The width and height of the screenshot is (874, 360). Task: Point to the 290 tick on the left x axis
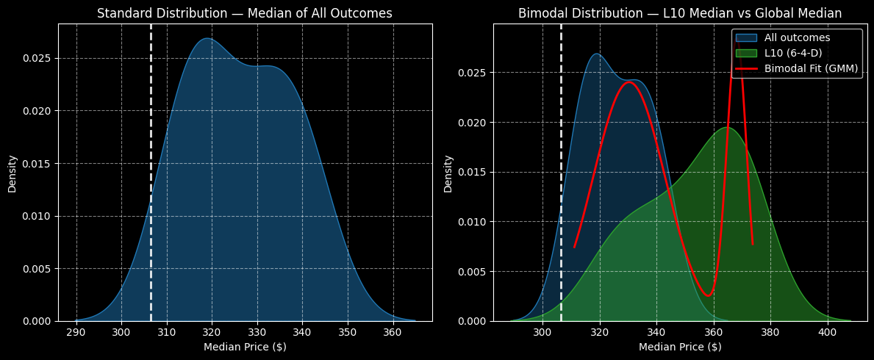76,332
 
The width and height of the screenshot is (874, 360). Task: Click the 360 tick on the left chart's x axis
393,332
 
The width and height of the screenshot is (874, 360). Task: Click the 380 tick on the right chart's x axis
770,332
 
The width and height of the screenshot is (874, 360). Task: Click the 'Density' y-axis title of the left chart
12,173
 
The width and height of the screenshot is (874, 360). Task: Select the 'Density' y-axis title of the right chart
448,173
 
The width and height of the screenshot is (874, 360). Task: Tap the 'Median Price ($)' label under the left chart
245,347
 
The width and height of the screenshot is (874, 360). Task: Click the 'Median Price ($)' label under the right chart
680,347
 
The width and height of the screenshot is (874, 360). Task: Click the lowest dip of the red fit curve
707,296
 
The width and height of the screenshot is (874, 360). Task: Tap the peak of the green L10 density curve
726,128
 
